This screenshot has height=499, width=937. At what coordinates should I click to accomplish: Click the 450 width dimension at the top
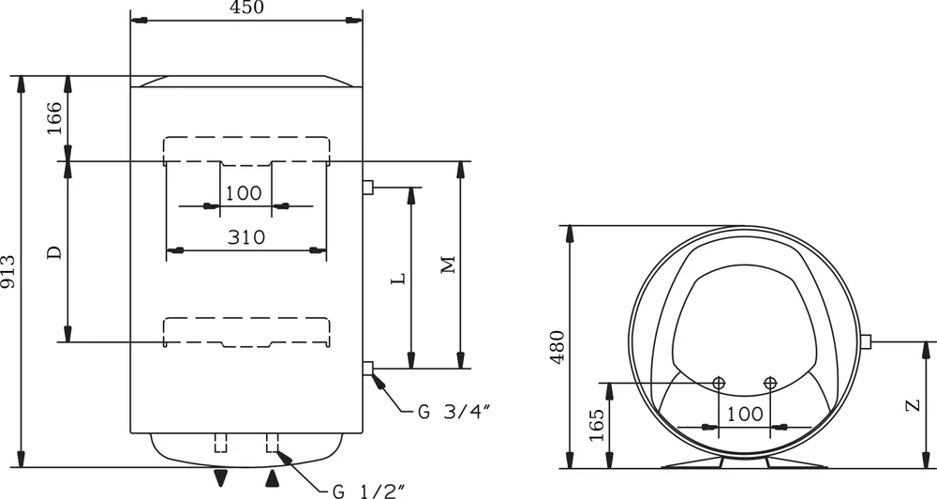[245, 8]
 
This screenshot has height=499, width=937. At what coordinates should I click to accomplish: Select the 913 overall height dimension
[9, 272]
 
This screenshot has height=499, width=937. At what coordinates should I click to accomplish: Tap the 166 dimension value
[55, 118]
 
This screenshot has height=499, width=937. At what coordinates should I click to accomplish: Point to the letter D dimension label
[55, 251]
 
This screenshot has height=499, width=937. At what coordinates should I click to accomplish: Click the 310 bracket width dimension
[245, 237]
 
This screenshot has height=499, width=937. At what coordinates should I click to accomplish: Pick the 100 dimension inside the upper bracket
[245, 193]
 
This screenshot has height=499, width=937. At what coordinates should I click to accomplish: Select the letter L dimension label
[397, 279]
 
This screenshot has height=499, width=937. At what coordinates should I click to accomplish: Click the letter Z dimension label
[910, 405]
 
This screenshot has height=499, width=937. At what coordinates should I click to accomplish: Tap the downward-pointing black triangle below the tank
[220, 478]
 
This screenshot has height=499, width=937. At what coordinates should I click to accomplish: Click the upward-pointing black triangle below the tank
[273, 478]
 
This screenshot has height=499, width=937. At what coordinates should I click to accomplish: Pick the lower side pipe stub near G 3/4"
[368, 368]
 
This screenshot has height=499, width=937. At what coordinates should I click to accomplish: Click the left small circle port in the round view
[719, 382]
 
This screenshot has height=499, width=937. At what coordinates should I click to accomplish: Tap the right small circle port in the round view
[770, 382]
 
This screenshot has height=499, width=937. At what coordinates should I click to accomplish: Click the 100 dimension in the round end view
[744, 414]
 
